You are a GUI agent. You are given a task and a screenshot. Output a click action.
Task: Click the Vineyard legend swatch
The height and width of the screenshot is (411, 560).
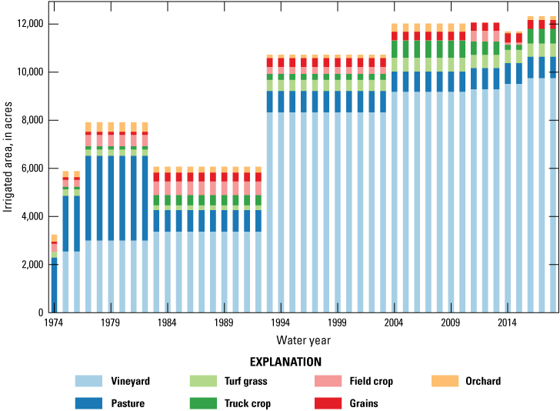click(90, 381)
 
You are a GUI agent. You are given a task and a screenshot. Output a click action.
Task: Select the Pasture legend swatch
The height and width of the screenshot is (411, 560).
click(90, 402)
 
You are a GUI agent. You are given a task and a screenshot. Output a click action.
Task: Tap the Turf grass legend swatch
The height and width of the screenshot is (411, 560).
click(203, 381)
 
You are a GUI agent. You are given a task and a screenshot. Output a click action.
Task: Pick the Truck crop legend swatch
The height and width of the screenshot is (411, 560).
click(203, 402)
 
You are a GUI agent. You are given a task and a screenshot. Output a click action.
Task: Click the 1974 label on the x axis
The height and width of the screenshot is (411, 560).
click(54, 322)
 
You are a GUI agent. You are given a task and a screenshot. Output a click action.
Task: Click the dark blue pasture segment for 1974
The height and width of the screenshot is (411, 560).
click(54, 285)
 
